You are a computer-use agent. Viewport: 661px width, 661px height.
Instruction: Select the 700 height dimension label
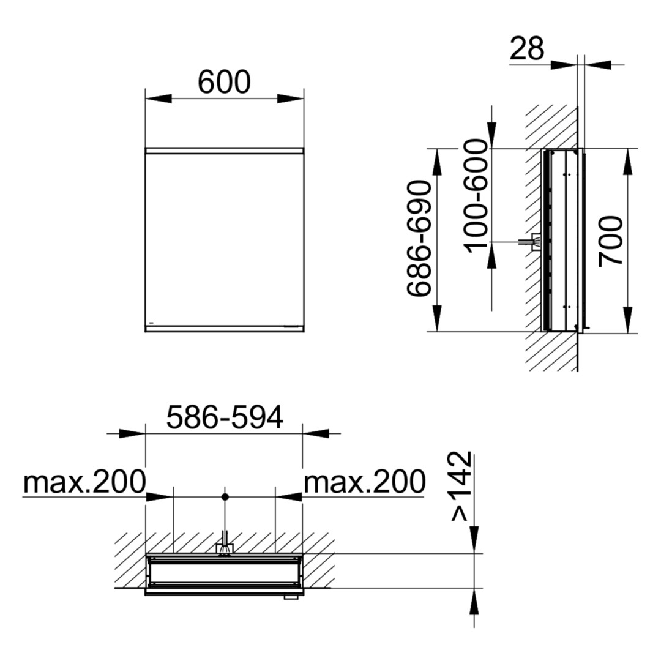pyautogui.click(x=611, y=241)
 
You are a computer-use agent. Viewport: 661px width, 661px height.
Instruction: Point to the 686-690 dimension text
pyautogui.click(x=420, y=239)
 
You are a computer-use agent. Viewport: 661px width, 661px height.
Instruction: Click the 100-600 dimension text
pyautogui.click(x=476, y=196)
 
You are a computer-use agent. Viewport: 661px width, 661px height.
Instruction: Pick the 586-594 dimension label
pyautogui.click(x=225, y=417)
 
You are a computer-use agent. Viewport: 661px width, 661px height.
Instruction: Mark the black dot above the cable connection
pyautogui.click(x=225, y=497)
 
